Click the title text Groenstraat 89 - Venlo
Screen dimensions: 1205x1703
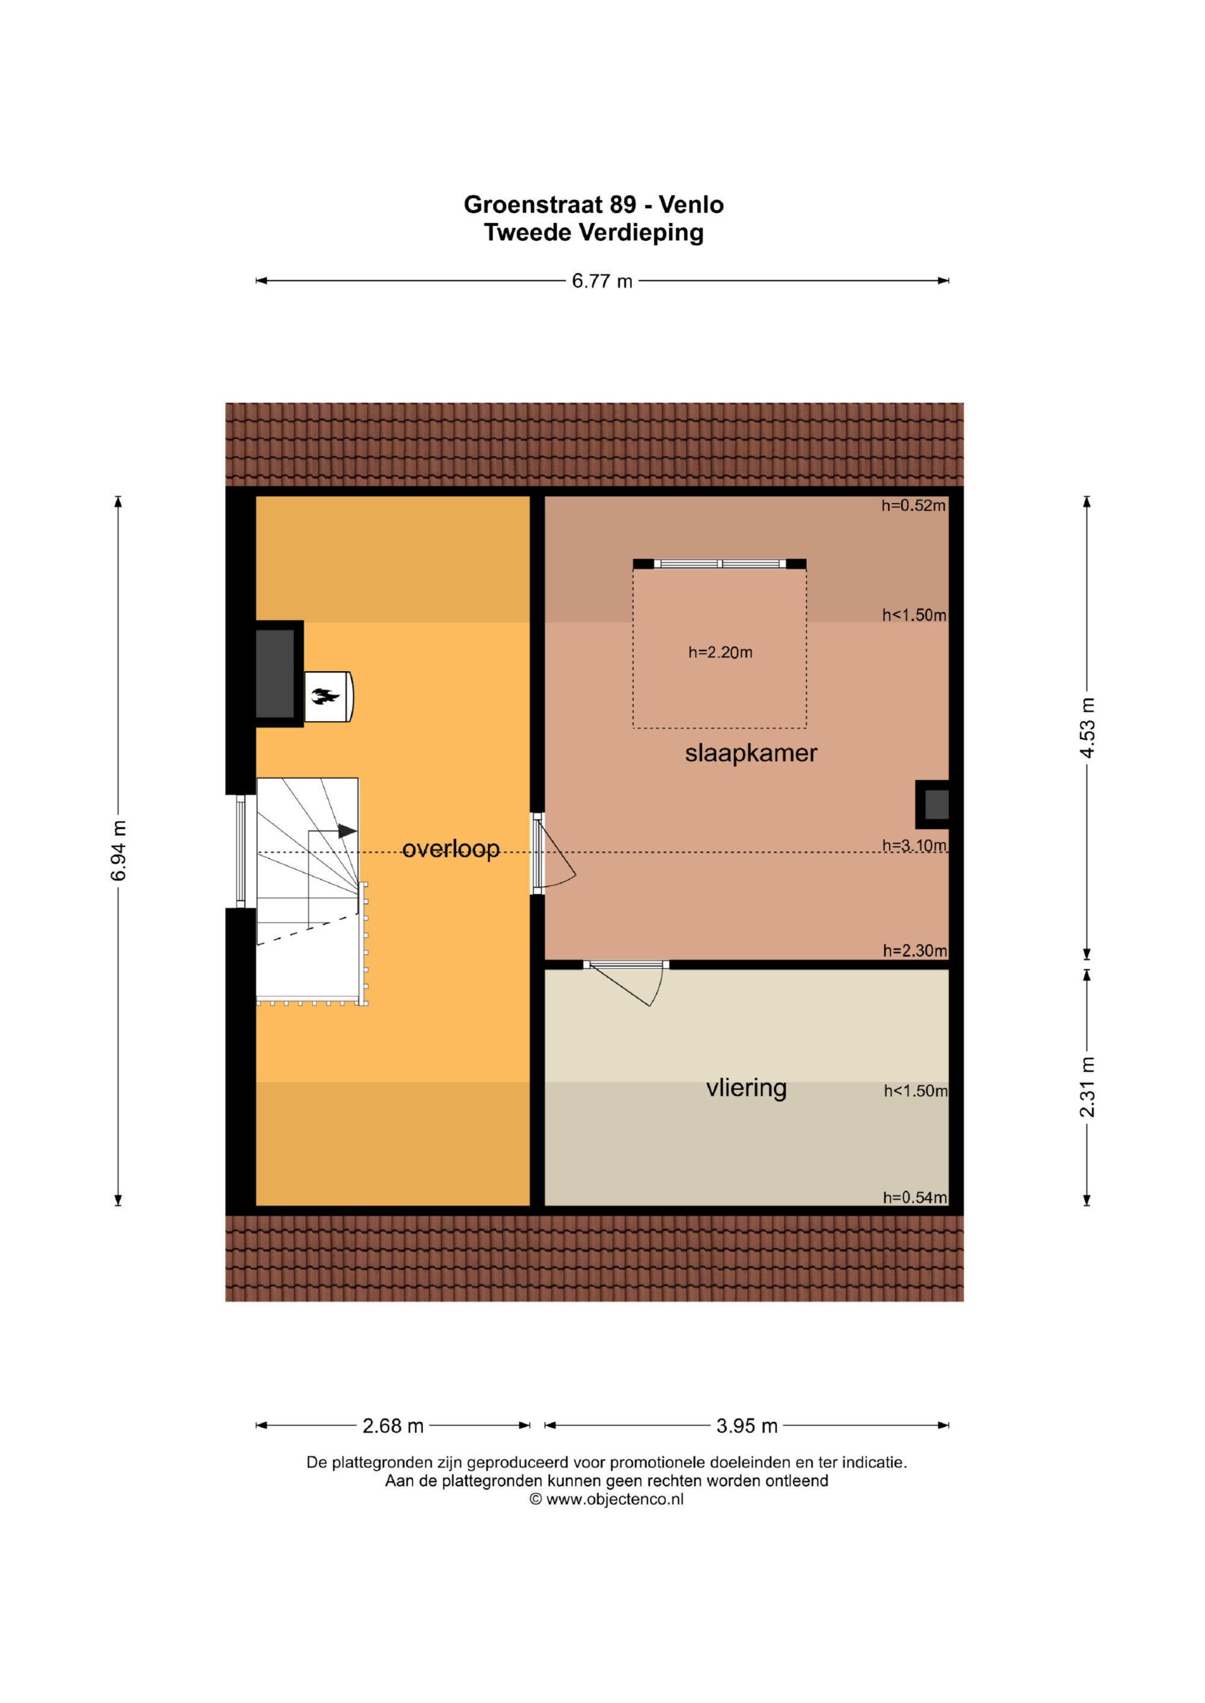click(593, 204)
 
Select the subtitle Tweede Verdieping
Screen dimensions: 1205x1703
click(593, 232)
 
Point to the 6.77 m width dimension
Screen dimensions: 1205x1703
click(602, 281)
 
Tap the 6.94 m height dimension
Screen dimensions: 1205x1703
click(118, 851)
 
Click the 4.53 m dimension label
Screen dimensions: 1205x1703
click(1087, 728)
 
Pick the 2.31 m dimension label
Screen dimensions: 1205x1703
click(1087, 1087)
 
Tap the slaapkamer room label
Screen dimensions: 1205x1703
click(751, 754)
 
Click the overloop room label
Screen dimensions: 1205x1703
click(451, 849)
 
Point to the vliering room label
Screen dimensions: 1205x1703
click(746, 1088)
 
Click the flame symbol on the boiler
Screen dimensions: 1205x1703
click(325, 696)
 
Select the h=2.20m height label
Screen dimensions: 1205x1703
click(720, 653)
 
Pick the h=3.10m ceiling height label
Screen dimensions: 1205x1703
click(914, 846)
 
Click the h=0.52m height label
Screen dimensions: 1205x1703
click(913, 506)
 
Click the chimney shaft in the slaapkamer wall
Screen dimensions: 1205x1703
click(933, 805)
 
